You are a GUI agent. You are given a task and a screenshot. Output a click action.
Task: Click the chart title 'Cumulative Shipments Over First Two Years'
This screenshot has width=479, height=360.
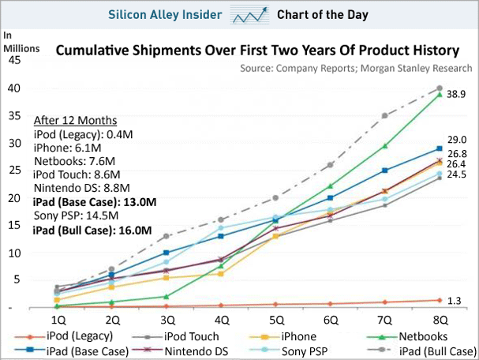pyautogui.click(x=256, y=51)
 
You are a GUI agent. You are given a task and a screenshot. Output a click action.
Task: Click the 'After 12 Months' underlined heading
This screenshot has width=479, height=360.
pyautogui.click(x=75, y=120)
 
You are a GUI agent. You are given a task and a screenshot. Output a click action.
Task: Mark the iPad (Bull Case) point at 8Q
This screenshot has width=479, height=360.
pyautogui.click(x=440, y=88)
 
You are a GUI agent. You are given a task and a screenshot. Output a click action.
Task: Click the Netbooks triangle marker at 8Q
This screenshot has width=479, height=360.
pyautogui.click(x=440, y=95)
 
